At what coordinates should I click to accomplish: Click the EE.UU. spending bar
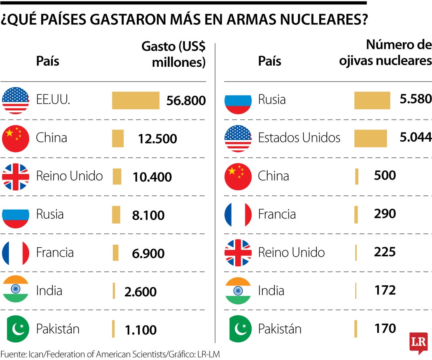point(135,100)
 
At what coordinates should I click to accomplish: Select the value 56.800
point(186,100)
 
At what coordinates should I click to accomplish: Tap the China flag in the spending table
point(16,138)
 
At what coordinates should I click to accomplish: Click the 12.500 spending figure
point(157,139)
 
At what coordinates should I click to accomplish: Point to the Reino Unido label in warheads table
point(291,252)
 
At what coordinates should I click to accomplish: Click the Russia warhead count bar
point(372,100)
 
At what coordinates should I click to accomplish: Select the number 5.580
point(416,99)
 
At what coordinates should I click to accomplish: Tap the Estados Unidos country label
point(299,138)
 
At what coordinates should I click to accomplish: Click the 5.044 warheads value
point(416,138)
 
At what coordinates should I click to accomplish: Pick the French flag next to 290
point(238,214)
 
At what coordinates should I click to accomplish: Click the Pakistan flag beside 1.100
point(16,329)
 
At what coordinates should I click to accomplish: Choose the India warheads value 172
point(385,290)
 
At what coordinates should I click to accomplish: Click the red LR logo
point(418,342)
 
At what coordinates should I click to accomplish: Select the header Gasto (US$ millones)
point(174,54)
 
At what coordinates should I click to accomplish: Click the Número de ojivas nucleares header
point(386,53)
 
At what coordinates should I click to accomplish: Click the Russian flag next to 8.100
point(16,215)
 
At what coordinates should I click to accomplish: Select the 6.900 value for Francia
point(148,254)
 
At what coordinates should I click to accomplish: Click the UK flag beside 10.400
point(16,176)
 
